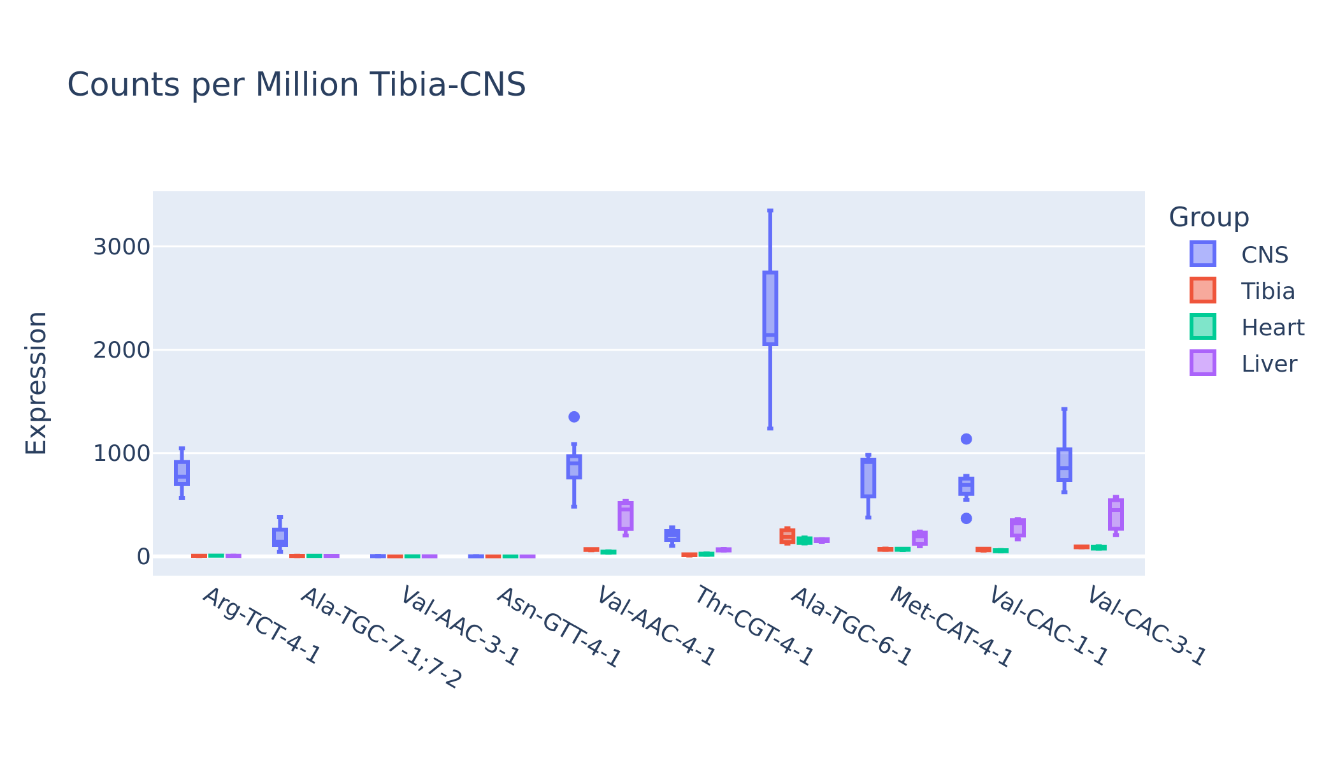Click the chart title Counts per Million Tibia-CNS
296,85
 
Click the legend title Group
1209,217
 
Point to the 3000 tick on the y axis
122,247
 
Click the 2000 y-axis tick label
122,350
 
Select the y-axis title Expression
36,383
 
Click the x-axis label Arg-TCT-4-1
261,625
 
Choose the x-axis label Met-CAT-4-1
950,627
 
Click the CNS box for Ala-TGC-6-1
770,309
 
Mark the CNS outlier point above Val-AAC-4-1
574,417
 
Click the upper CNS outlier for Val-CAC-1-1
967,439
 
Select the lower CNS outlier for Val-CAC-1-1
967,518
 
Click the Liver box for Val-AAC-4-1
626,516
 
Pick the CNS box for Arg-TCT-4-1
182,473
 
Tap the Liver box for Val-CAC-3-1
1116,514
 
